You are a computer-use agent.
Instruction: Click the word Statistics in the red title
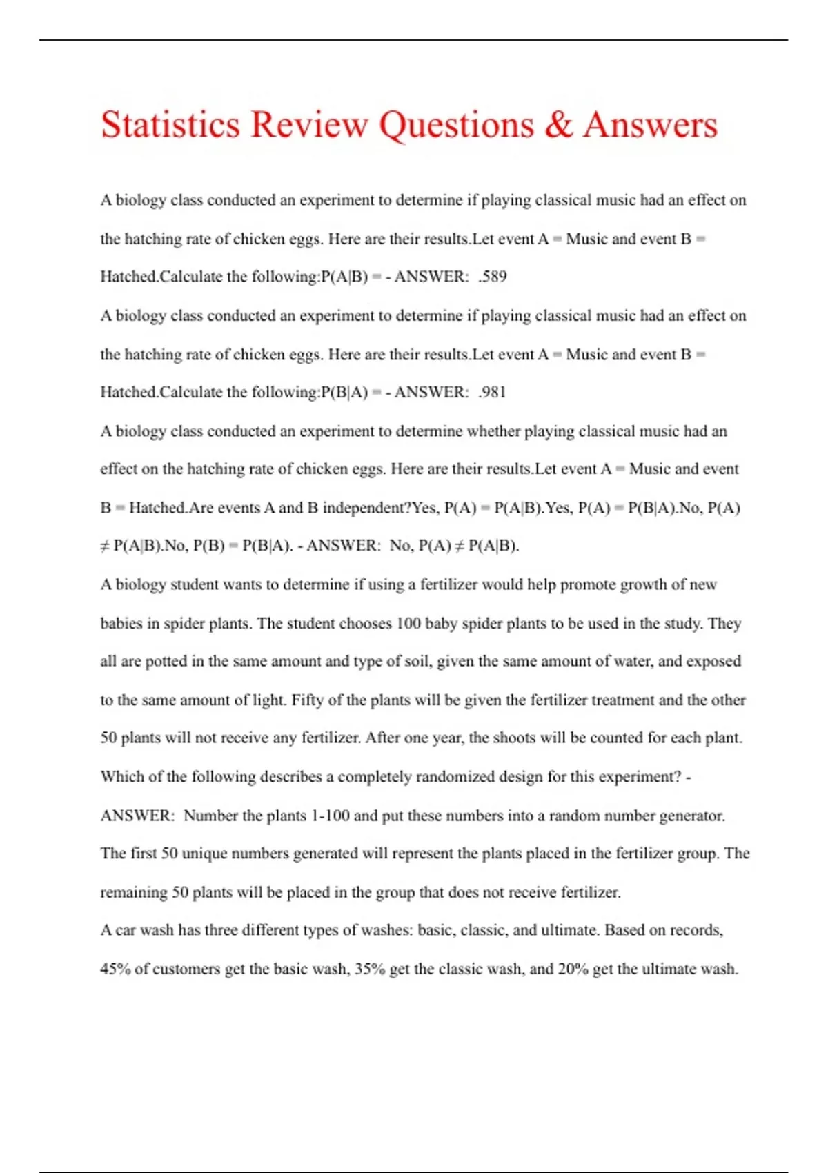170,125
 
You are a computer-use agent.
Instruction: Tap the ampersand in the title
558,125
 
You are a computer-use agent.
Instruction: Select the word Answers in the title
650,125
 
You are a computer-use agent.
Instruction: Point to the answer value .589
493,277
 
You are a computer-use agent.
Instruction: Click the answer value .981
493,393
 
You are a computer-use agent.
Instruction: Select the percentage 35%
369,969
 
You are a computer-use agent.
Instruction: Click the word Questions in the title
456,125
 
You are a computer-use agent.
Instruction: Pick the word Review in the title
309,125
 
